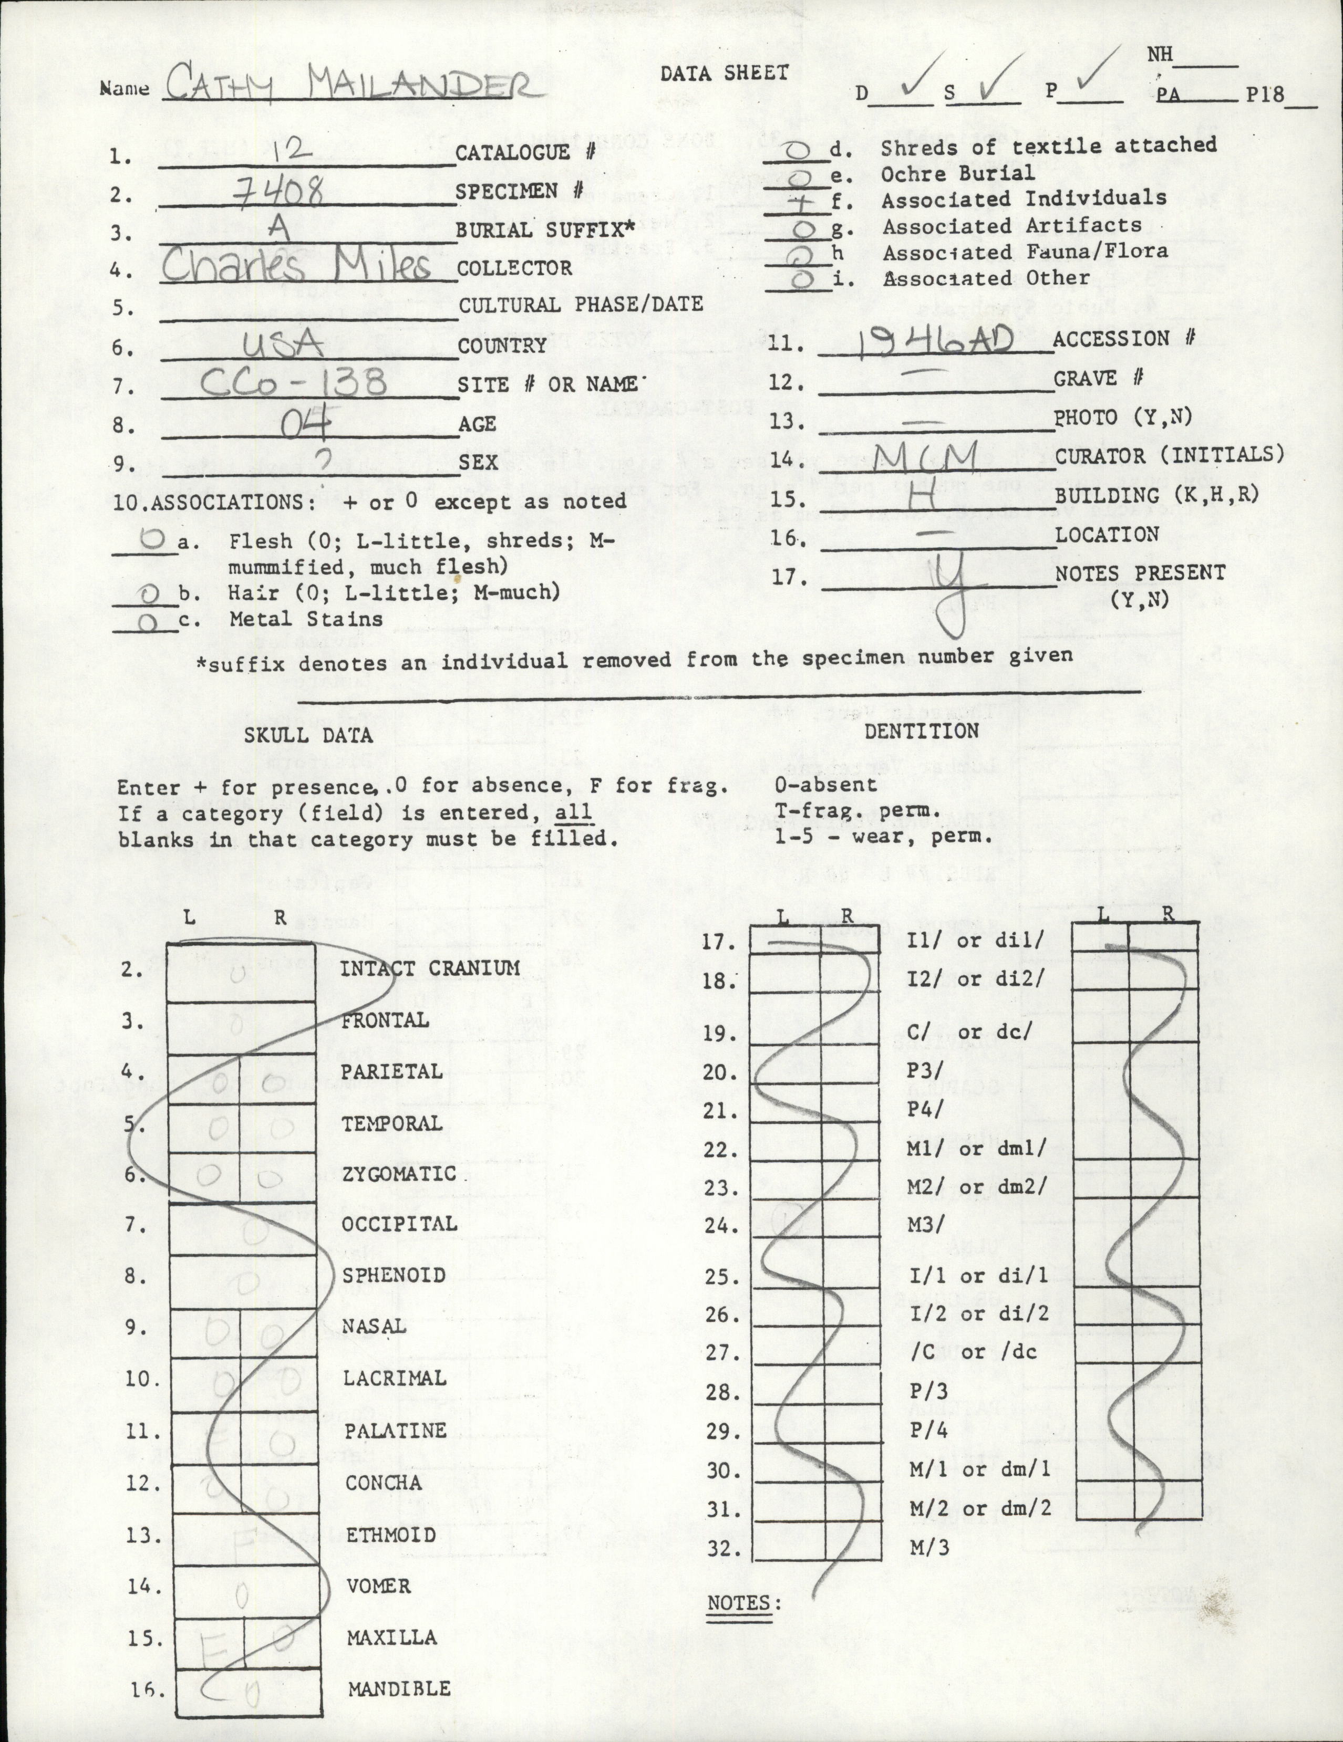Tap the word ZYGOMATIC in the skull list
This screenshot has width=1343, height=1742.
tap(399, 1174)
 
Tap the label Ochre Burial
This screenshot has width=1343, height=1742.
tap(957, 172)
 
